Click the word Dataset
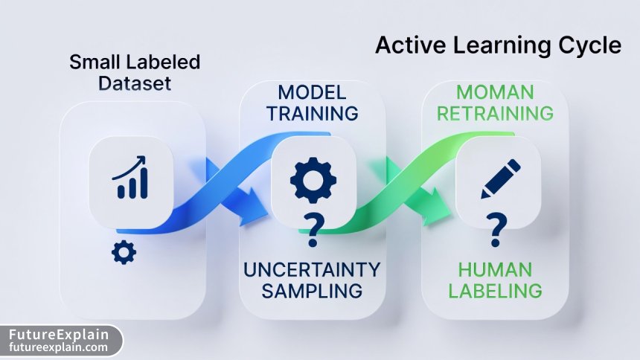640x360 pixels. coord(135,83)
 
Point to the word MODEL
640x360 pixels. coord(312,93)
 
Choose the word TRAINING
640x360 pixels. coord(312,114)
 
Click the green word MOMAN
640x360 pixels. coord(495,93)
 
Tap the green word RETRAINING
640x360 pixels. coord(495,114)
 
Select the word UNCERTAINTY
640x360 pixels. coord(312,269)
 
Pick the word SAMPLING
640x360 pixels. coord(312,290)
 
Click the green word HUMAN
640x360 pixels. coord(495,269)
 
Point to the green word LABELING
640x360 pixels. coord(495,290)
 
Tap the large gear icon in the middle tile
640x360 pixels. coord(313,179)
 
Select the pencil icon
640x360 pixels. coord(496,179)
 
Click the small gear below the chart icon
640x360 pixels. coord(124,253)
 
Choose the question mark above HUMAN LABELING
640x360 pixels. coord(496,230)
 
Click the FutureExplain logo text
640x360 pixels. coord(59,334)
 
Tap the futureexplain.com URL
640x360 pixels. coord(59,347)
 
